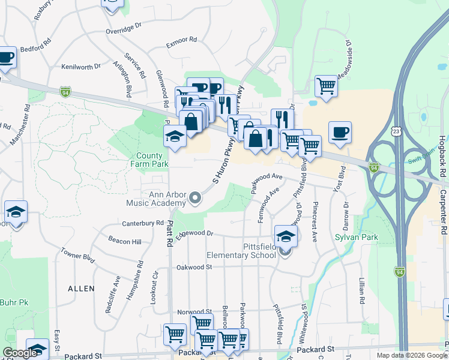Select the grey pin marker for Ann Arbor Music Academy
(x=194, y=197)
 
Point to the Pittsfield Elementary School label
(x=241, y=251)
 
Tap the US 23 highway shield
(x=396, y=131)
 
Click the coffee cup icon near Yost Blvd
(x=340, y=133)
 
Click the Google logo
(x=20, y=353)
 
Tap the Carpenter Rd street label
(x=442, y=214)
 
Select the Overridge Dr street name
(x=123, y=27)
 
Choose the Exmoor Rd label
(x=181, y=41)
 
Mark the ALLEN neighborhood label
(x=81, y=289)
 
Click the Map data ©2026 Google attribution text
(x=412, y=355)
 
